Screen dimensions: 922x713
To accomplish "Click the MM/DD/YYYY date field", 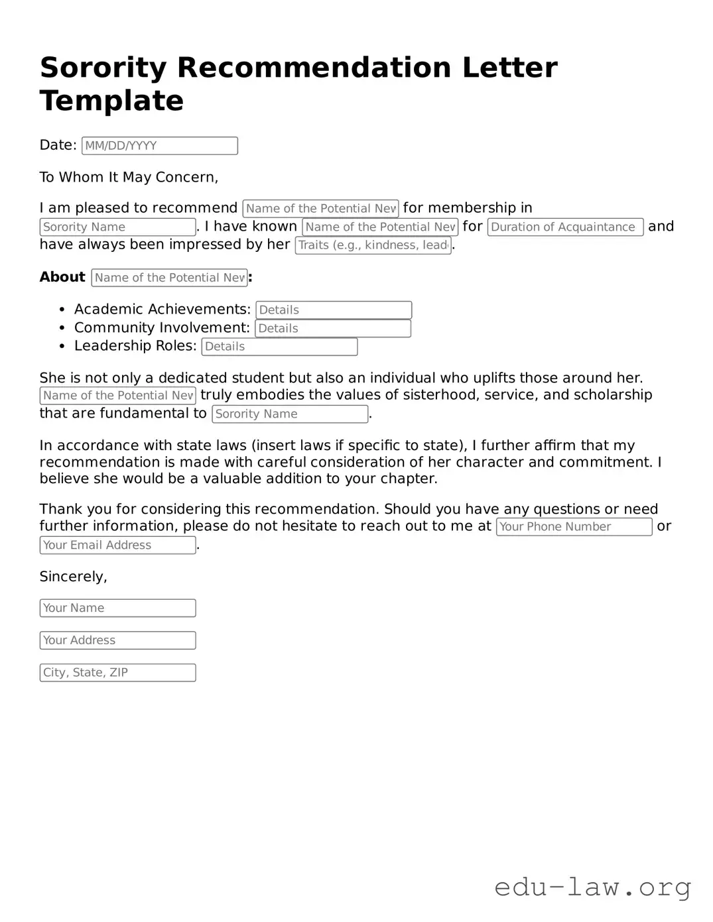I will pos(159,146).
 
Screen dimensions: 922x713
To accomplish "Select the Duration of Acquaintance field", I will pos(565,227).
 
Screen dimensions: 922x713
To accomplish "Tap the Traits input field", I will pos(373,245).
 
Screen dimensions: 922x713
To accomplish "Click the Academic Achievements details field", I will pos(334,310).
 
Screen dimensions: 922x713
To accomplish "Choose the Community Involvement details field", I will pos(333,329).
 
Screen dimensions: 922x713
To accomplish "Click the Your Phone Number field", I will pos(574,527).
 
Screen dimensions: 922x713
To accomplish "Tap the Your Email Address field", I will pos(117,546).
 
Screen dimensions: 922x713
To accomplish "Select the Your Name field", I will pos(117,608).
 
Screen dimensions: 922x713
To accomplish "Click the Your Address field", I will pos(117,640).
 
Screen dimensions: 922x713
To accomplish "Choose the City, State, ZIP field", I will pos(117,673).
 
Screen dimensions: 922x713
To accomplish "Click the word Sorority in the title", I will pos(103,68).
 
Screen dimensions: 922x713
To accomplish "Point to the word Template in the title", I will pos(111,101).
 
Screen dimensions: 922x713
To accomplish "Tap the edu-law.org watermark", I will pos(592,886).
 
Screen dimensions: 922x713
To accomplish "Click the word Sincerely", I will pos(73,577).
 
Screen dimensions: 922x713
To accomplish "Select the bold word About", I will pos(62,277).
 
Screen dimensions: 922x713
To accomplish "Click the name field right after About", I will pos(169,278).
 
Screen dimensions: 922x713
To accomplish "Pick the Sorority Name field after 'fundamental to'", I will pos(290,414).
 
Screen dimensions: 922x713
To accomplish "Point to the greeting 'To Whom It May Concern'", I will pos(129,177).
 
